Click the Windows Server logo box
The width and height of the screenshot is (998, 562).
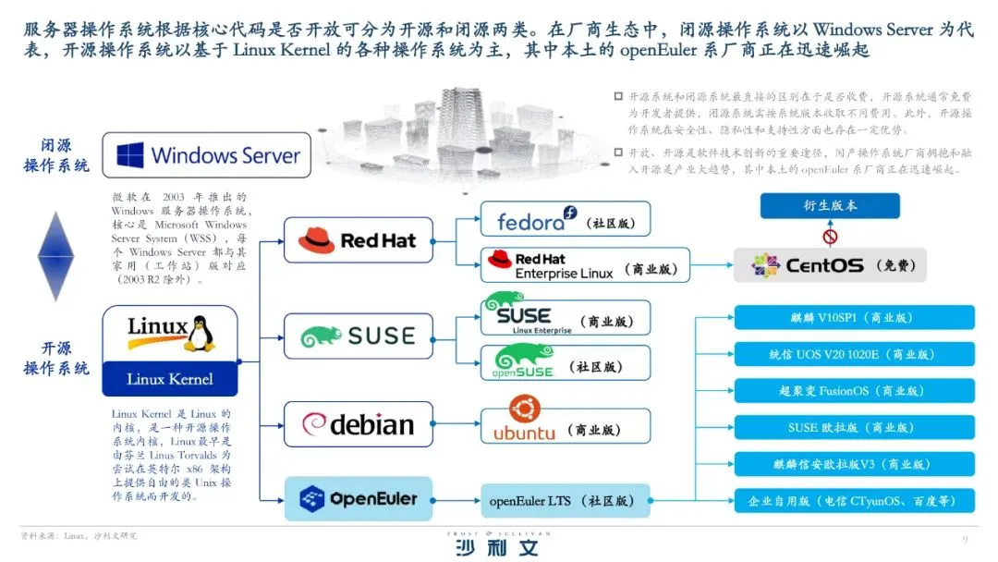pyautogui.click(x=206, y=154)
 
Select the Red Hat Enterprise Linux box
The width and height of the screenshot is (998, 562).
pyautogui.click(x=585, y=264)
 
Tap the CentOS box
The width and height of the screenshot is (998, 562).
pyautogui.click(x=829, y=264)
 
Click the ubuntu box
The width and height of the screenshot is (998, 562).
pyautogui.click(x=565, y=424)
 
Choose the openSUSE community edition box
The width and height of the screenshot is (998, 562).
pyautogui.click(x=565, y=363)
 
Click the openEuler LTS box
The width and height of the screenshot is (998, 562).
pyautogui.click(x=565, y=500)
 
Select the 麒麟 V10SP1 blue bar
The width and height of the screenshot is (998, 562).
pyautogui.click(x=855, y=317)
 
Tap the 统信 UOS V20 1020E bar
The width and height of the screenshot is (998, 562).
pyautogui.click(x=855, y=354)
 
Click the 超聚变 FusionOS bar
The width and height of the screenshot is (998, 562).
pyautogui.click(x=855, y=390)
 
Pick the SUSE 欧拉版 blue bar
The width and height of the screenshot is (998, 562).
pyautogui.click(x=855, y=427)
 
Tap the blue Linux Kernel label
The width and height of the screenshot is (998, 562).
pyautogui.click(x=169, y=379)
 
